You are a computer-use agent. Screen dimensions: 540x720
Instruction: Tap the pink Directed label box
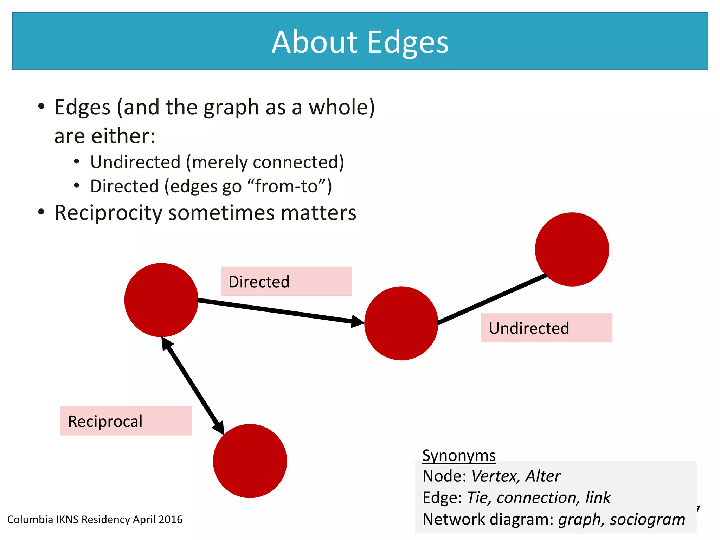coord(286,281)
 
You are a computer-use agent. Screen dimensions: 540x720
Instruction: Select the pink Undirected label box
coord(546,328)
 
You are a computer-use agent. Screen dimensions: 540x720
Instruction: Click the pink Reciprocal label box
coord(126,421)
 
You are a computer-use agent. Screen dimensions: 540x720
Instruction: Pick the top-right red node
coord(572,249)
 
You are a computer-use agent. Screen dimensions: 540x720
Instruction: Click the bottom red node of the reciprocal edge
coord(250,461)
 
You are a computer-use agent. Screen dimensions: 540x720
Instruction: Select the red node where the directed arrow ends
coord(401,323)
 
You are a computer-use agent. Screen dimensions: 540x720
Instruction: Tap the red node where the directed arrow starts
coord(161,300)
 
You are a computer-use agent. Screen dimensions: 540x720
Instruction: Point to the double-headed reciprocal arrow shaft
coord(193,386)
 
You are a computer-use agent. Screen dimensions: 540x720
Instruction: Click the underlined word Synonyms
coord(459,455)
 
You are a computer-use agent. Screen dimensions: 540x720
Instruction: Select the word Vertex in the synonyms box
coord(495,476)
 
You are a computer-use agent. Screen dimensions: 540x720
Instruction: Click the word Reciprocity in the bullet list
coord(108,213)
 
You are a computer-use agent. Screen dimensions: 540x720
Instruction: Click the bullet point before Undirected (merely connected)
coord(77,162)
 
